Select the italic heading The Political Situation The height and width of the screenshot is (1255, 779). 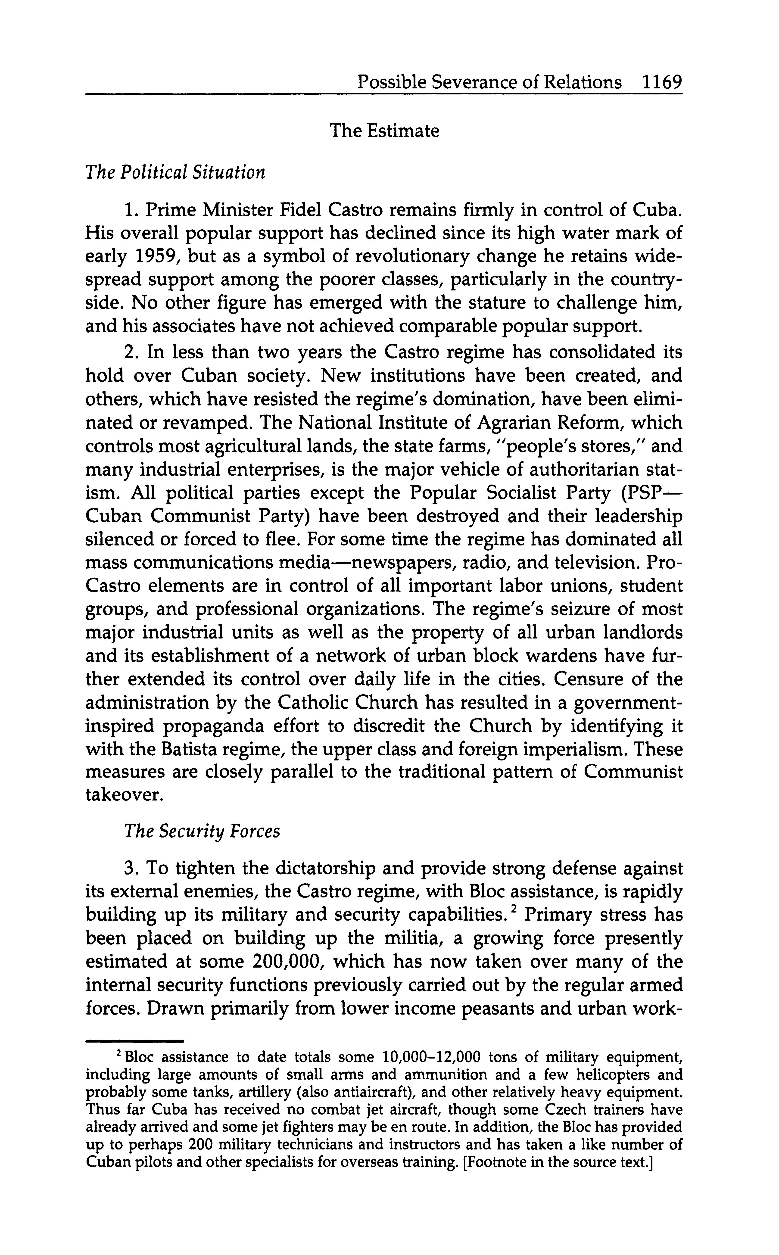tap(175, 173)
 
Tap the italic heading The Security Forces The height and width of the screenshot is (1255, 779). tap(202, 831)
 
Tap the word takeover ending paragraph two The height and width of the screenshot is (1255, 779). tap(124, 795)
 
